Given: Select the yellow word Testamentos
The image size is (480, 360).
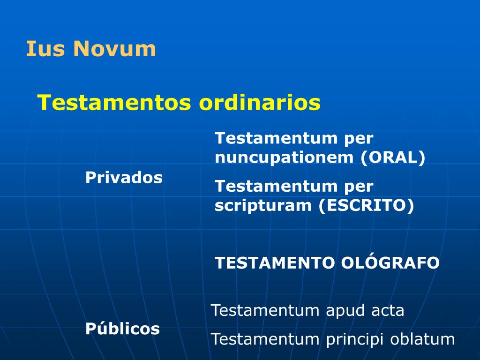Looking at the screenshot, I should (114, 102).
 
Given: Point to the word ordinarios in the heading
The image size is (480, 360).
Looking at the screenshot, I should (260, 102).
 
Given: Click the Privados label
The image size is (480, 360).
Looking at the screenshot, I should (124, 178).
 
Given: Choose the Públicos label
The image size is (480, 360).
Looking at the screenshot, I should (122, 329).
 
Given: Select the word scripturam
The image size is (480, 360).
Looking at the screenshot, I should (264, 206).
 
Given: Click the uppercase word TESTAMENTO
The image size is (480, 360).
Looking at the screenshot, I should (275, 262).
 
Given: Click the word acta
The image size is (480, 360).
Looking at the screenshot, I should (388, 310).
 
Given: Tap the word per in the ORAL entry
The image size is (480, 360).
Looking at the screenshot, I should (359, 139).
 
